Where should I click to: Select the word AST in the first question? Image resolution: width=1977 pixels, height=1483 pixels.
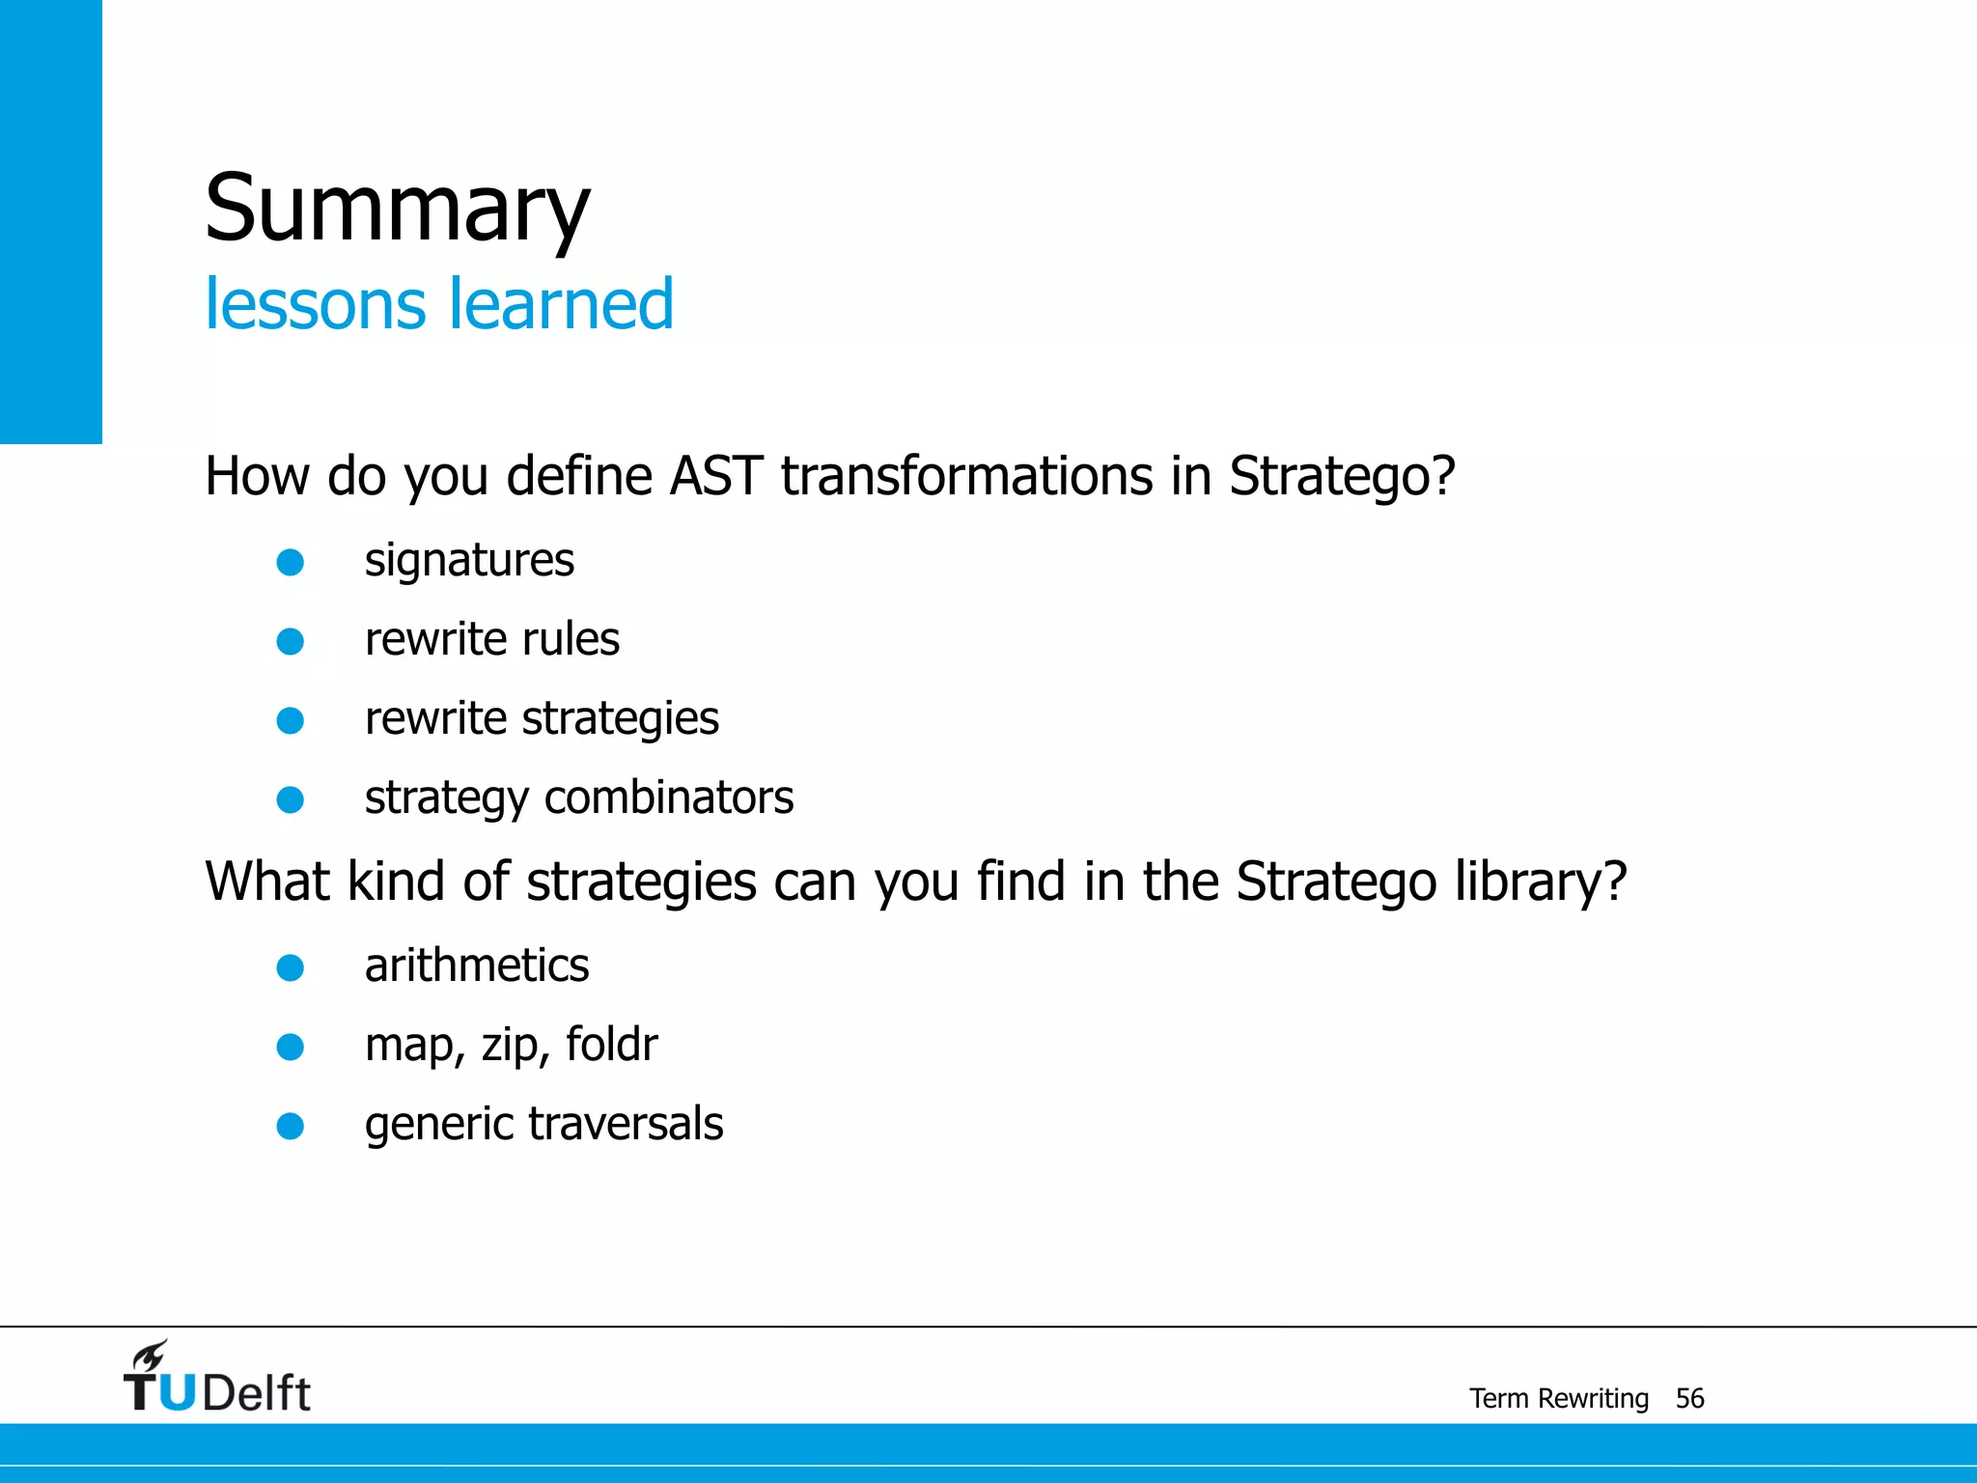[715, 476]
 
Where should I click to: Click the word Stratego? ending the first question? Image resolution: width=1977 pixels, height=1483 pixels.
[1341, 478]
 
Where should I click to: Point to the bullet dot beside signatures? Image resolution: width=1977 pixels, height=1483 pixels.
[291, 562]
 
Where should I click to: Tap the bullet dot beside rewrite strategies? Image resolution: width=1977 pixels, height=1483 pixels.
[291, 720]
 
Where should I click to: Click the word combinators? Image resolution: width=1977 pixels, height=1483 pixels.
[668, 797]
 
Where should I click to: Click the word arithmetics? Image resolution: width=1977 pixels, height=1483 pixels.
[477, 965]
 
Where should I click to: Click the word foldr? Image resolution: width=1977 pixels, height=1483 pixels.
[611, 1045]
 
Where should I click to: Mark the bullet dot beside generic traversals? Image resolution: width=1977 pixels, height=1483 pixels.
[291, 1126]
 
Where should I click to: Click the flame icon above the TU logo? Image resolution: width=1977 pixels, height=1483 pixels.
[151, 1357]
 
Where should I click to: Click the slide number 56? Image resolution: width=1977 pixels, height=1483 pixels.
[1689, 1398]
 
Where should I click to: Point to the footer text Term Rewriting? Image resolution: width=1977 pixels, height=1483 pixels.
[1558, 1398]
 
